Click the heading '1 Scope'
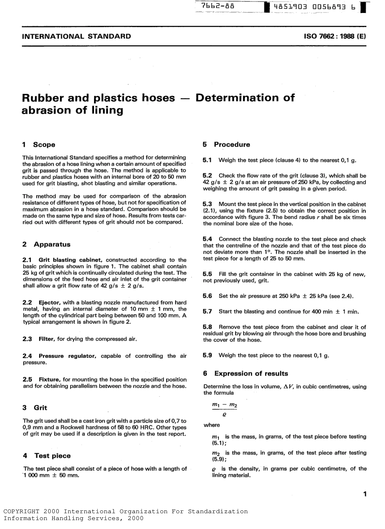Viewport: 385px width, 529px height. [x=38, y=144]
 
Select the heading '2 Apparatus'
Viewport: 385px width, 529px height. [x=46, y=244]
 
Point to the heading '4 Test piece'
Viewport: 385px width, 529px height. [x=47, y=456]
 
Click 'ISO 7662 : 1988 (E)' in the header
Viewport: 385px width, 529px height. [x=334, y=36]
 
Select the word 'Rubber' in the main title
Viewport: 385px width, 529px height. [x=46, y=98]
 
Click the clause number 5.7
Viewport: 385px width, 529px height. [x=207, y=312]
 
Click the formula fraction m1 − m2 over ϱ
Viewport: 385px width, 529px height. [x=224, y=410]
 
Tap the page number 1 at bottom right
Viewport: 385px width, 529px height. [x=365, y=494]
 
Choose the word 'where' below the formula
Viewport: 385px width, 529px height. [x=212, y=425]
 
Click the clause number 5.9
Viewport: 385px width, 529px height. [x=207, y=355]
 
